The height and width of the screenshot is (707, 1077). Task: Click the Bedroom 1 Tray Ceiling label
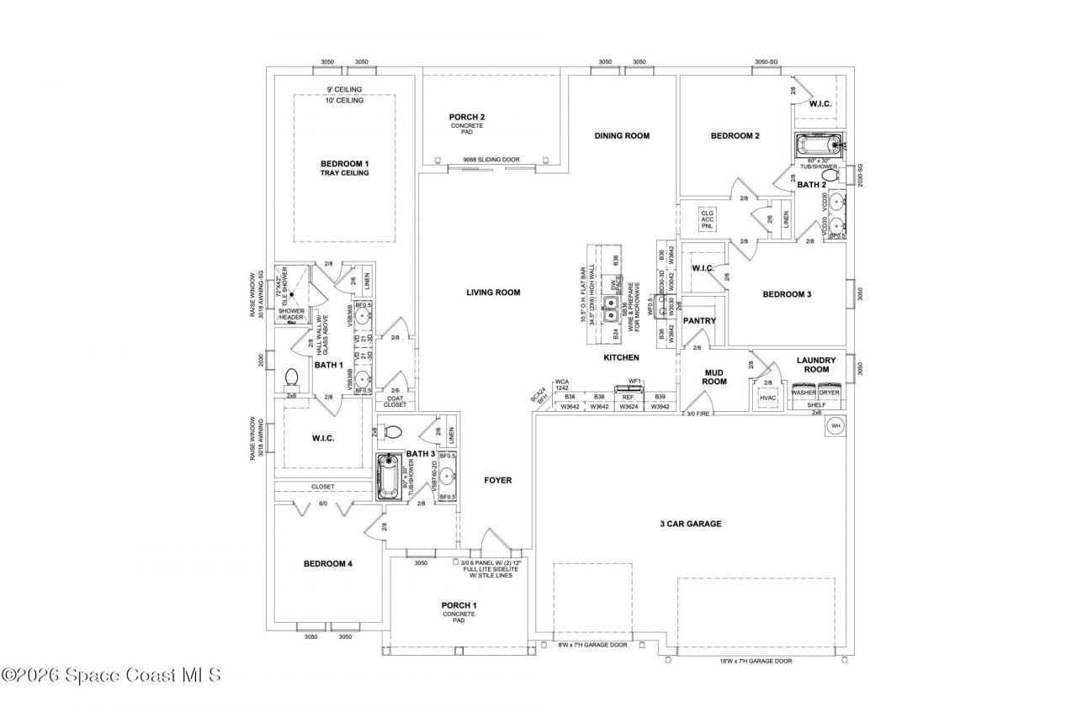344,167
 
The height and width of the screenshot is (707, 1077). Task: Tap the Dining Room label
622,135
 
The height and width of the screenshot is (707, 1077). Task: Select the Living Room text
493,293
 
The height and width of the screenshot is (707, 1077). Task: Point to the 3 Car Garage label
690,524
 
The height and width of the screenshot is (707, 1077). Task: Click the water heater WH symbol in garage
836,426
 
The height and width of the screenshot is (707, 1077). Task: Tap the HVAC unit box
767,398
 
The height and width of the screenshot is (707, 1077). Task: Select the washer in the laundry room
804,393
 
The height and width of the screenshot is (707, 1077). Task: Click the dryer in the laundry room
830,393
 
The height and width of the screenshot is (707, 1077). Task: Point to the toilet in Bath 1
293,376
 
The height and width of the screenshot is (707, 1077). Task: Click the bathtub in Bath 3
389,477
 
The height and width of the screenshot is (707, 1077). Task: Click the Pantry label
698,320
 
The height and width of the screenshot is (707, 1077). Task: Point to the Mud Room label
714,376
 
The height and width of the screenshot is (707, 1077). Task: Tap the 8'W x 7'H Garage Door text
594,645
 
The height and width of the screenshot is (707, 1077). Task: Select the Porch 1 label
459,605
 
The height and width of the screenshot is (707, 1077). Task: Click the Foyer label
497,480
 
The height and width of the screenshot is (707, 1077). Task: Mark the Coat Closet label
395,401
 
